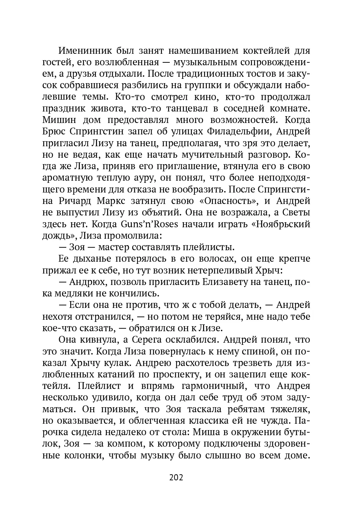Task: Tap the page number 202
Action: (176, 477)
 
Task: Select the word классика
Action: (239, 421)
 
